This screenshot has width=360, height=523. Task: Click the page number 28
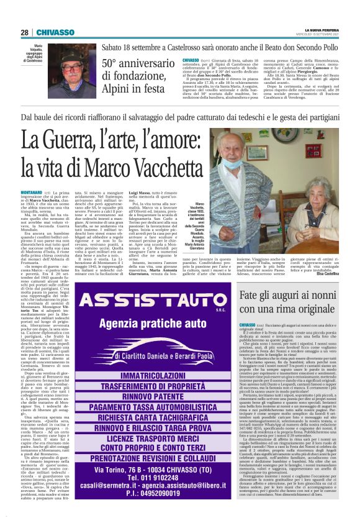pos(24,32)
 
